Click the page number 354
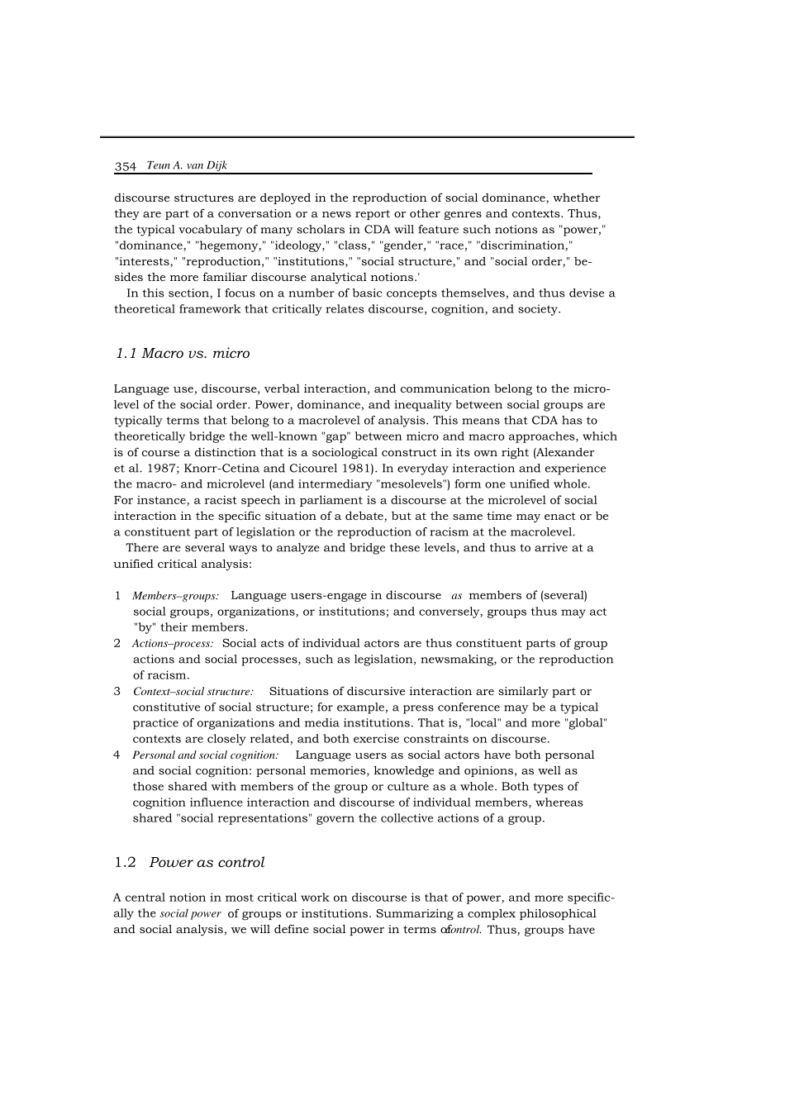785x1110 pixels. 125,166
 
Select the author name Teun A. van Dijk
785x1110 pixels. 186,165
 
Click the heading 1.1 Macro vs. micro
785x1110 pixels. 183,354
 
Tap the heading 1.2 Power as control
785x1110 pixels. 189,863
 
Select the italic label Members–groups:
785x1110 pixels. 175,596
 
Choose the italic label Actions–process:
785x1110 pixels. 173,644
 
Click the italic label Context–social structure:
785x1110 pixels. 193,692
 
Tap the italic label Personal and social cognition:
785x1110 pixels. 205,755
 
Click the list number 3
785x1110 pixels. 117,692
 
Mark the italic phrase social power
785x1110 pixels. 190,914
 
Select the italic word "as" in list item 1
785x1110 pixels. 457,596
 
